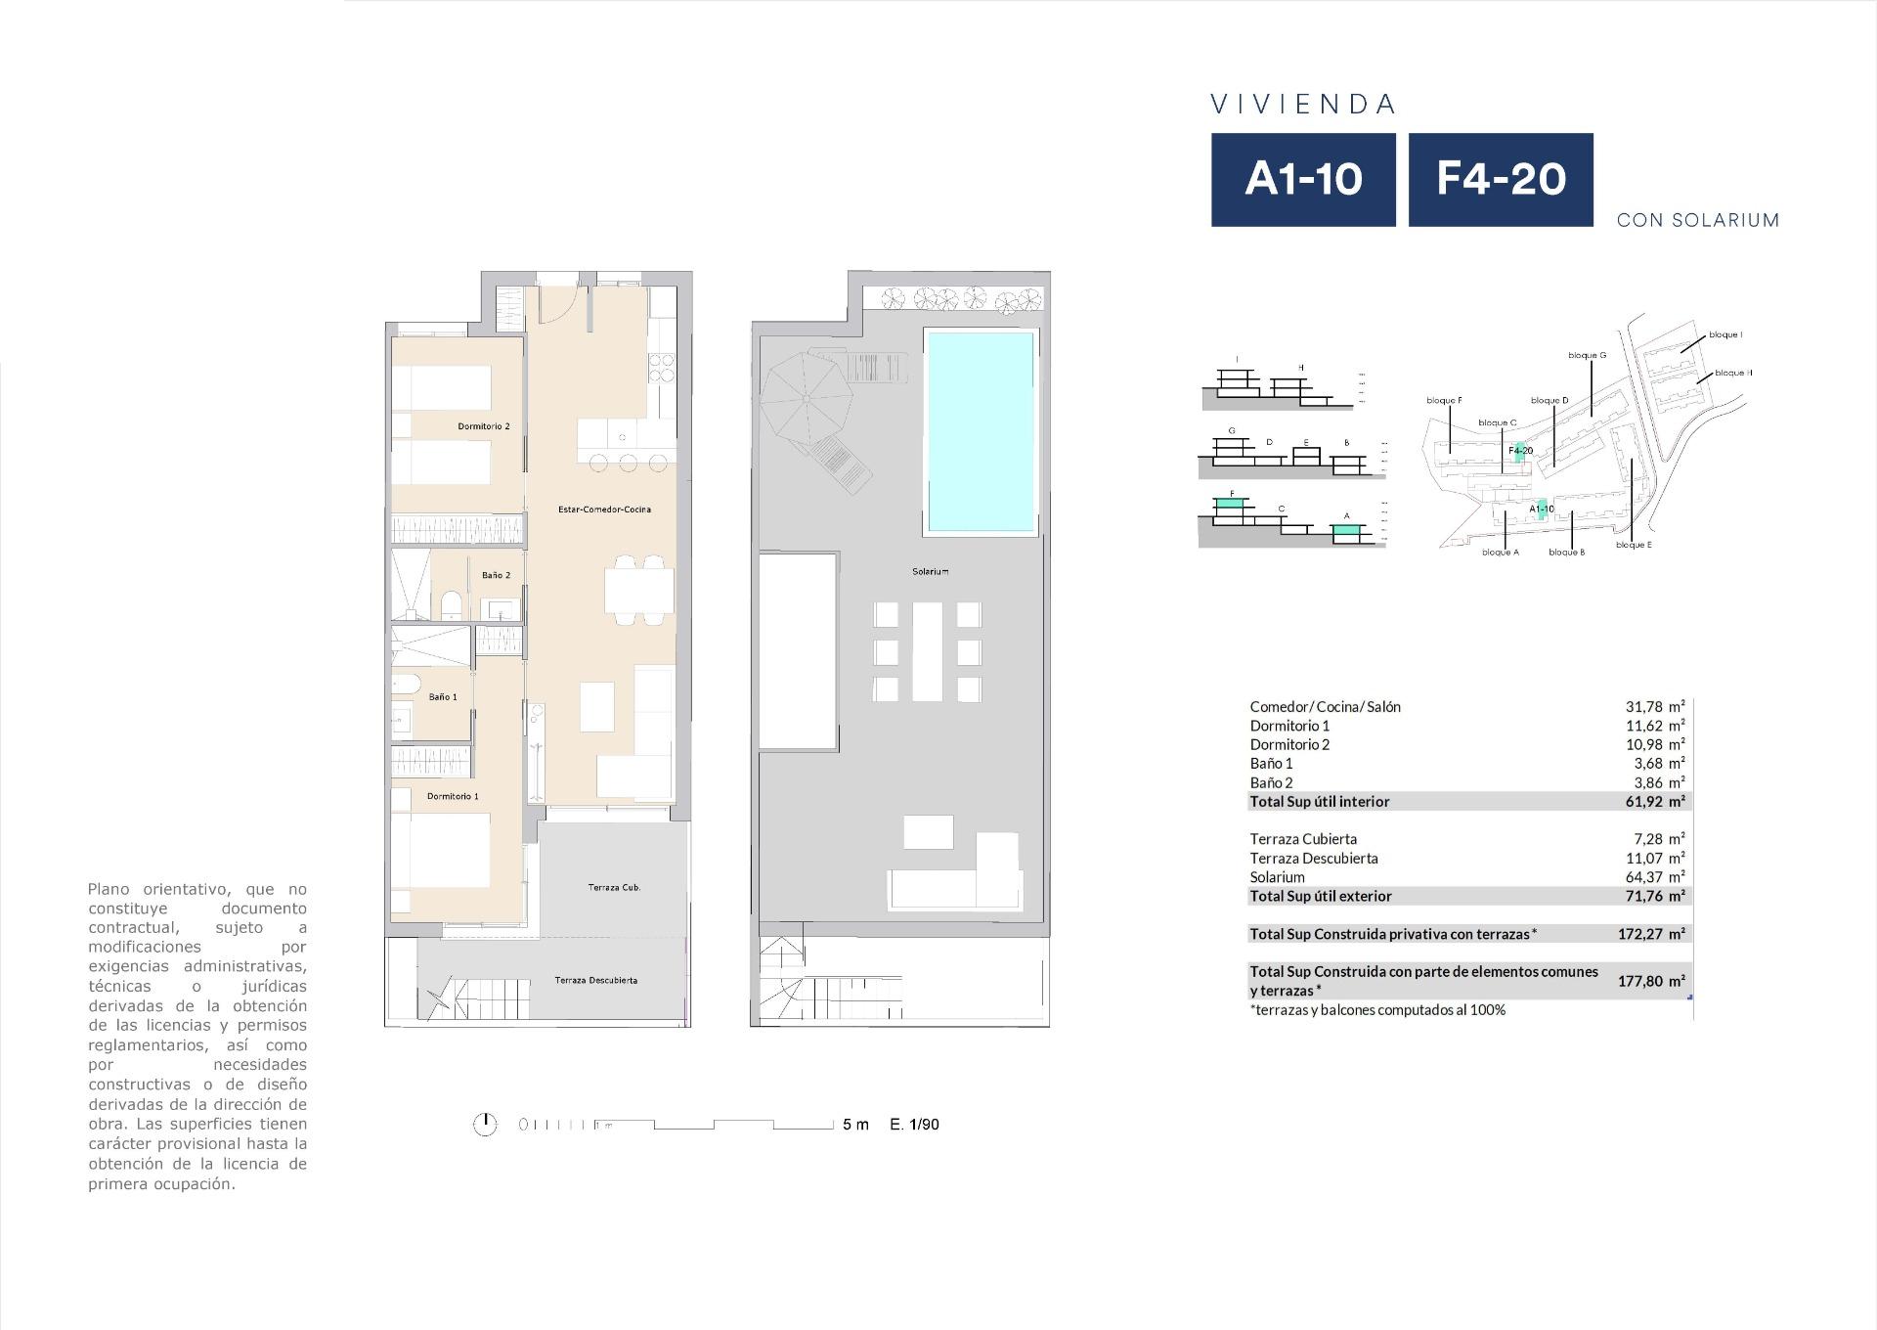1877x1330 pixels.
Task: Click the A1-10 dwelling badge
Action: [x=1303, y=180]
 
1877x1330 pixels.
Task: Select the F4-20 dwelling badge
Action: [x=1501, y=180]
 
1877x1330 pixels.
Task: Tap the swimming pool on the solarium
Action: [x=980, y=431]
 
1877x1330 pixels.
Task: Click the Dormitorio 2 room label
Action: [x=484, y=426]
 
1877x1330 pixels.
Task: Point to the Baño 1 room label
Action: [x=443, y=697]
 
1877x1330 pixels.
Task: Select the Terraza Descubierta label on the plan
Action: [x=595, y=980]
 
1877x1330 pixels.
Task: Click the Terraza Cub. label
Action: [x=614, y=888]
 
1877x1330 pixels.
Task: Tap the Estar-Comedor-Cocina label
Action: [x=604, y=510]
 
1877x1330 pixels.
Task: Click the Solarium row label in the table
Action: [x=1277, y=877]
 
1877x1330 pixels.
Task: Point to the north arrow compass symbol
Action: [x=485, y=1125]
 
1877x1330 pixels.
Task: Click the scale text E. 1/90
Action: [x=914, y=1125]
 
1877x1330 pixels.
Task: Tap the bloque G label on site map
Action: [x=1587, y=356]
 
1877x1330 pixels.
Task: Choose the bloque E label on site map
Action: [x=1634, y=545]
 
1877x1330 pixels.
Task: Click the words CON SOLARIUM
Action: [x=1697, y=220]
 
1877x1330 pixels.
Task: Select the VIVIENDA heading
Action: [x=1303, y=105]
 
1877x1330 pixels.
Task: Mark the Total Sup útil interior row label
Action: [x=1319, y=802]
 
